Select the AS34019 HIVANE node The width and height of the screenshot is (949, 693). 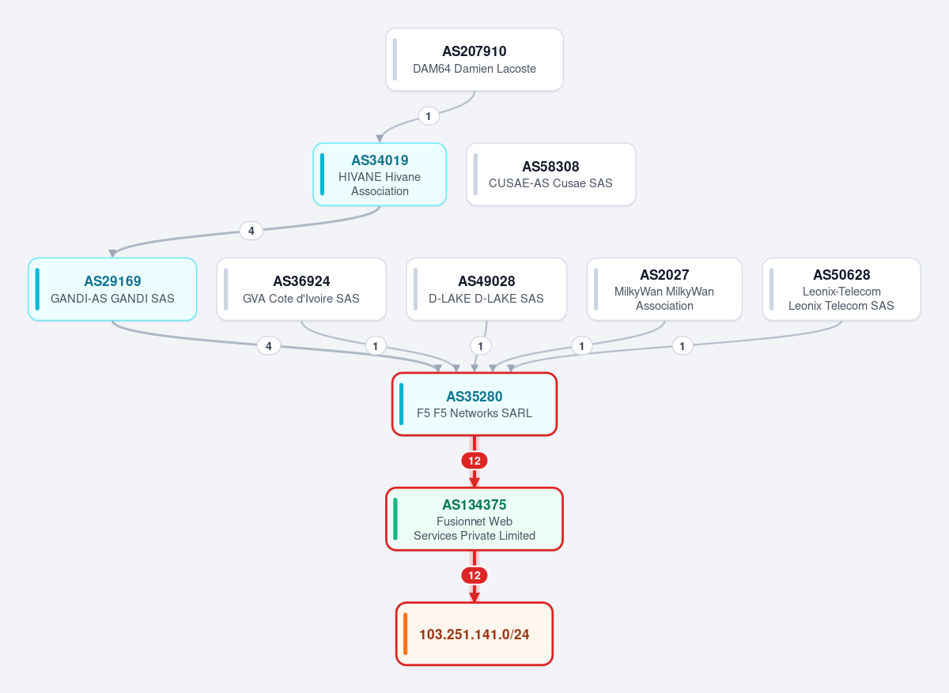coord(380,175)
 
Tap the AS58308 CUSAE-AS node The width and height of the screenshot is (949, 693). coord(550,175)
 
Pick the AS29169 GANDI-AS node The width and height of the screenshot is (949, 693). coord(112,289)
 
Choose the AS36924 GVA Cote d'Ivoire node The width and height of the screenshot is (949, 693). coord(301,289)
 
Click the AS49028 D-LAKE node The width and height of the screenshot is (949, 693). coord(486,289)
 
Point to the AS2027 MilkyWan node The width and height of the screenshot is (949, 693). coord(664,289)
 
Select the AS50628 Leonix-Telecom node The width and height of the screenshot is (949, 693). coord(841,289)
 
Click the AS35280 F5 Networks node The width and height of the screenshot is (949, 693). coord(474,404)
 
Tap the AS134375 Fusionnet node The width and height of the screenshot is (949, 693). coord(474,519)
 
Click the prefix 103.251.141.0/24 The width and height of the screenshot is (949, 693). coord(474,634)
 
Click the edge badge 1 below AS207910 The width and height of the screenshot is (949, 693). coord(429,116)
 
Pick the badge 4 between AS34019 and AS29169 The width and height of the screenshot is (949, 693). coord(251,231)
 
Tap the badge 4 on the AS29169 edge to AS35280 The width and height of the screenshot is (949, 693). coord(269,346)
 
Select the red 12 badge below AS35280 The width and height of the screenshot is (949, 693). coord(474,461)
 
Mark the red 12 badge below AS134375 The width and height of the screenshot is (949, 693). coord(474,575)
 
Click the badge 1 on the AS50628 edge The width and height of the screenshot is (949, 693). coord(682,346)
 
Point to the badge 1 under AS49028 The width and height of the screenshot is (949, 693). coord(481,346)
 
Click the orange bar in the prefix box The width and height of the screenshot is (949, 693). coord(406,634)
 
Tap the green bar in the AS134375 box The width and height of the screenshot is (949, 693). coord(395,519)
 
